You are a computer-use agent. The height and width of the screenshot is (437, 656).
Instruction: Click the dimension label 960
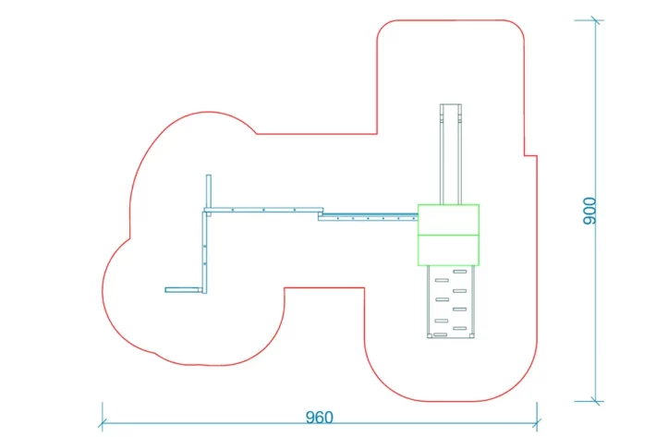319,418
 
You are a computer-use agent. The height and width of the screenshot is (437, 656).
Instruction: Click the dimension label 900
589,212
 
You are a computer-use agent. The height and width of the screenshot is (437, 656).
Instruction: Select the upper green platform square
448,220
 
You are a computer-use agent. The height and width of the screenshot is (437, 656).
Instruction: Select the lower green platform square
448,250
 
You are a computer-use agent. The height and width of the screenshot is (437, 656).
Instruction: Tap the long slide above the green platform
451,154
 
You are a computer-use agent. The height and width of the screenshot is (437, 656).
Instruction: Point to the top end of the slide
451,104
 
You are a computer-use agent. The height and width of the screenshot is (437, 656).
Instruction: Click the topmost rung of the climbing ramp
460,272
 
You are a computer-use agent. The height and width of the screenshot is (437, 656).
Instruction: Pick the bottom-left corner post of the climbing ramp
430,335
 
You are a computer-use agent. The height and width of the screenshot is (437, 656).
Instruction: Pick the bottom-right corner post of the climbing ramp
471,335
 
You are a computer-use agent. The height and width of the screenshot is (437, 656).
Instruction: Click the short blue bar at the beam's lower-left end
183,290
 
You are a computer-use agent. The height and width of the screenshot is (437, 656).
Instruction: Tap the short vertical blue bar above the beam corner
208,190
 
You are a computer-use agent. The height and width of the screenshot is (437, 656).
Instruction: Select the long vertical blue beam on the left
204,252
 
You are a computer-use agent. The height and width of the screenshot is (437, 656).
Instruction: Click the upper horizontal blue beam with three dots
263,210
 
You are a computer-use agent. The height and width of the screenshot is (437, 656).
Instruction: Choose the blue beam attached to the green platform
368,217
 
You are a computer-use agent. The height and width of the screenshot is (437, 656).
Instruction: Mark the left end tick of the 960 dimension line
103,423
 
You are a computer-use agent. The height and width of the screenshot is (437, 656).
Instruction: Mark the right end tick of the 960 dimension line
537,423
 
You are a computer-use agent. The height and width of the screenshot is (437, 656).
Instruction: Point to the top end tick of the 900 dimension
596,20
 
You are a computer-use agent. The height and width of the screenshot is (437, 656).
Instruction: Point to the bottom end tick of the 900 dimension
596,402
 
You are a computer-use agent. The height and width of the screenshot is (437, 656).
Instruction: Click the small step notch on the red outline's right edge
530,156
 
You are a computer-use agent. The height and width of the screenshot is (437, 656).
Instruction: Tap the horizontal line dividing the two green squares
448,235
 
